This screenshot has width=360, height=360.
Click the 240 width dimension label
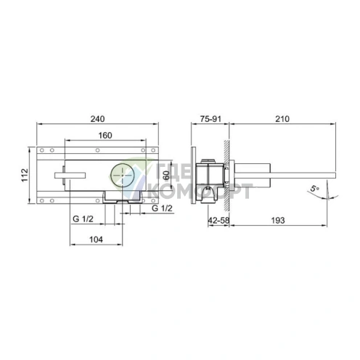(97, 119)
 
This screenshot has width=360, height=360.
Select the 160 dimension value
(105, 136)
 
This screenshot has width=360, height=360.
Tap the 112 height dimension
(25, 175)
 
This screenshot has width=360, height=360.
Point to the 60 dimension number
(167, 175)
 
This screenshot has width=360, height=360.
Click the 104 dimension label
(96, 240)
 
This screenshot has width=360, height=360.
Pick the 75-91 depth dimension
(210, 119)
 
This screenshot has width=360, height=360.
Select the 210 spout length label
(282, 119)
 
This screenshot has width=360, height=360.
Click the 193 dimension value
(278, 221)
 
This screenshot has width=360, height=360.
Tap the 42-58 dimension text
(218, 221)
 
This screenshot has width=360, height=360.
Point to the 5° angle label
(314, 188)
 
